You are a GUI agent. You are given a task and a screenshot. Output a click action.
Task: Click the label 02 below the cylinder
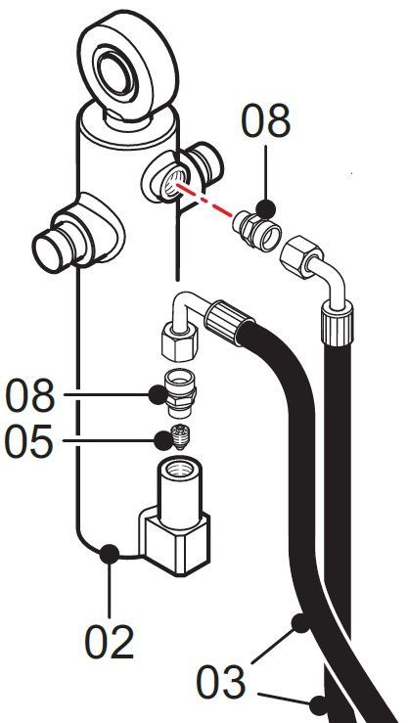(x=110, y=642)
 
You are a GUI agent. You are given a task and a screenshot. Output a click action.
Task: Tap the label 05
(x=28, y=441)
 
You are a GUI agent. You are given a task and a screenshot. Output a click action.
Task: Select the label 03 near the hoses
(x=220, y=683)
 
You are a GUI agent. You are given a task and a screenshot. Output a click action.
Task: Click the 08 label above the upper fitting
(x=266, y=121)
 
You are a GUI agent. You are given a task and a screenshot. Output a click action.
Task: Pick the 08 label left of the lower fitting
(x=29, y=395)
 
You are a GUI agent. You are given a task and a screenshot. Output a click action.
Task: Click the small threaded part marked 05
(x=181, y=436)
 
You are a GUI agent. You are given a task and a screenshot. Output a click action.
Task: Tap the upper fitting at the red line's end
(x=256, y=230)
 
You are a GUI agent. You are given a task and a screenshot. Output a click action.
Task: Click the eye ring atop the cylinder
(x=128, y=65)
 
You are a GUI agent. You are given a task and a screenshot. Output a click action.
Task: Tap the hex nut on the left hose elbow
(x=180, y=341)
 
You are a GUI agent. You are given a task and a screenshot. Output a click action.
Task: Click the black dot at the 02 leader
(x=110, y=554)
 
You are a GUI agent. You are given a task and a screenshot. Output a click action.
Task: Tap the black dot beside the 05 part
(x=162, y=441)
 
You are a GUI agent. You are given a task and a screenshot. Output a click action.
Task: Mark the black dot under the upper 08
(x=266, y=209)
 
